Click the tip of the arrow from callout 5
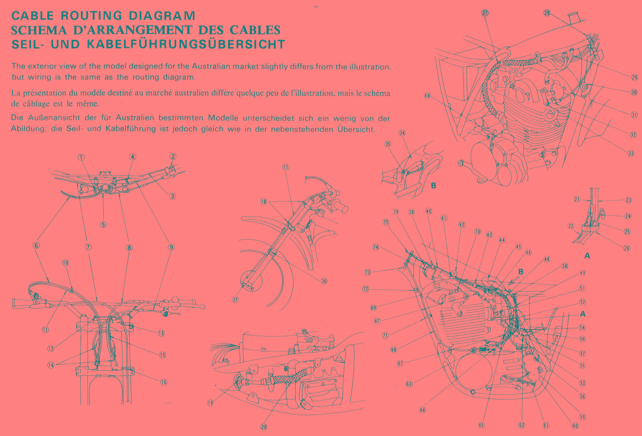[x=103, y=193]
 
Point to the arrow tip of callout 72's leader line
[x=415, y=290]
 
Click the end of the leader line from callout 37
[x=244, y=284]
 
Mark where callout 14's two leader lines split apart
[x=58, y=365]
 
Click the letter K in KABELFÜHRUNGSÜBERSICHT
[x=91, y=45]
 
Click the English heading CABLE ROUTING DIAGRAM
[x=103, y=16]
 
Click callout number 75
[x=386, y=222]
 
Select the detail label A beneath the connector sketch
[x=587, y=255]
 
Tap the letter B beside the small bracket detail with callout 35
[x=433, y=186]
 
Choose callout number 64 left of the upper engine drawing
[x=427, y=96]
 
